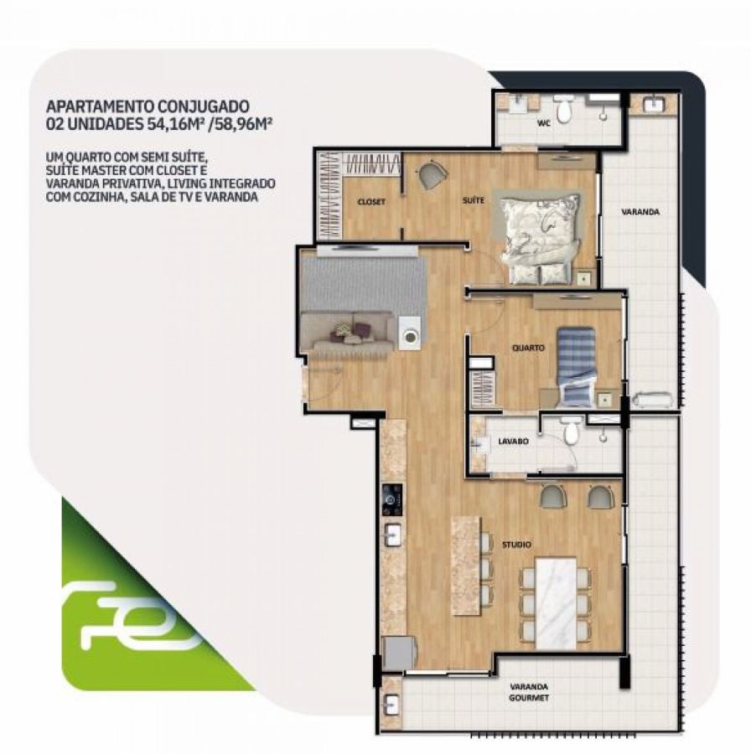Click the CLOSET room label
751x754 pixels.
click(x=371, y=202)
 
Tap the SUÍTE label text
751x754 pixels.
click(x=474, y=200)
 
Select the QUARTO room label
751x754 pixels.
click(x=528, y=348)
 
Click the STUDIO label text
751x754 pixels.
click(x=516, y=545)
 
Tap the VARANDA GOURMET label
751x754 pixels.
click(x=529, y=693)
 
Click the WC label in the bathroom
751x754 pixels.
click(x=544, y=122)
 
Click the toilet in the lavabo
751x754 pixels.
click(x=571, y=431)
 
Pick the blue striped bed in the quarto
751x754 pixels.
click(x=575, y=366)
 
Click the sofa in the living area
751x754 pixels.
click(x=347, y=332)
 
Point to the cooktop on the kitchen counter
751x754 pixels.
click(x=391, y=500)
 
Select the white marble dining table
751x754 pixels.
click(x=556, y=603)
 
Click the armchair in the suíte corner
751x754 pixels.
click(x=432, y=175)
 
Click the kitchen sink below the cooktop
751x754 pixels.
click(x=393, y=535)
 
